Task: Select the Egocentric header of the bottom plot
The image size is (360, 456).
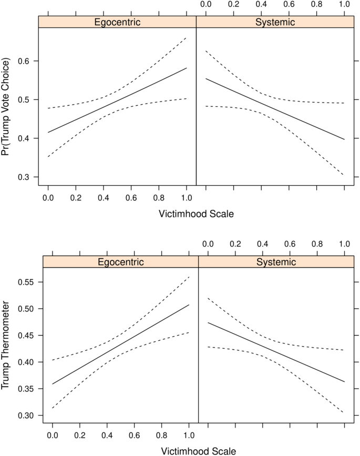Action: tap(120, 261)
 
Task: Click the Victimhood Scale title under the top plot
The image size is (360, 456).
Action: tap(196, 214)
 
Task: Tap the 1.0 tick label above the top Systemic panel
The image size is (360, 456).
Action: tap(344, 5)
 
